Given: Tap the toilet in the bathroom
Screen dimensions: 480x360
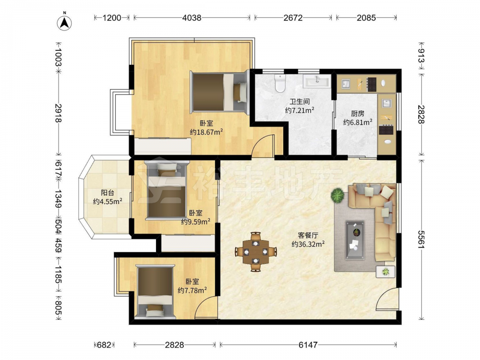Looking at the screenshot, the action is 280,83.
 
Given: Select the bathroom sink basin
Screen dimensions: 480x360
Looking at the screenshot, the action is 317,81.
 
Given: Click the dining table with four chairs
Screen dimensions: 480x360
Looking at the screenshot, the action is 256,252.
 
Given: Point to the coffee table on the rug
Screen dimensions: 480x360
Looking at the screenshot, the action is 355,240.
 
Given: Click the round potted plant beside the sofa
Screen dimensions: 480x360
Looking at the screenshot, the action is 337,195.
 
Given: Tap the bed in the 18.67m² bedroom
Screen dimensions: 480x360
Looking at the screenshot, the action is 219,92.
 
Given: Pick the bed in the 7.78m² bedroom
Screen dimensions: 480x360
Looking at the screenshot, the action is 155,290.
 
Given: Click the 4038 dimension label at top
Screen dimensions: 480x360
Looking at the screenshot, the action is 192,18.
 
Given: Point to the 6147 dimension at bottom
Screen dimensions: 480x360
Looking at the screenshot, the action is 308,345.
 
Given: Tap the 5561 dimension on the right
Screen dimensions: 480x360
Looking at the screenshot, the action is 421,240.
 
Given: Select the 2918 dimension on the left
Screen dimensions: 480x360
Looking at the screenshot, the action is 58,113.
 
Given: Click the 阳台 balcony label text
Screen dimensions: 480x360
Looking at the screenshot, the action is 108,193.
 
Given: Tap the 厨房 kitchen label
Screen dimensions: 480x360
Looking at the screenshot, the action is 358,114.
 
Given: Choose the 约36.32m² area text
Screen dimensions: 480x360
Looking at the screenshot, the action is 308,244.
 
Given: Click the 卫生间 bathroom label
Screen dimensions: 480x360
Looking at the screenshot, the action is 300,102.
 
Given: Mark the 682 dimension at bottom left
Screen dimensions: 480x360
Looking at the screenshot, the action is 104,345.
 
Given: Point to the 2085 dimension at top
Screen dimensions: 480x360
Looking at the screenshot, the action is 366,18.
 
